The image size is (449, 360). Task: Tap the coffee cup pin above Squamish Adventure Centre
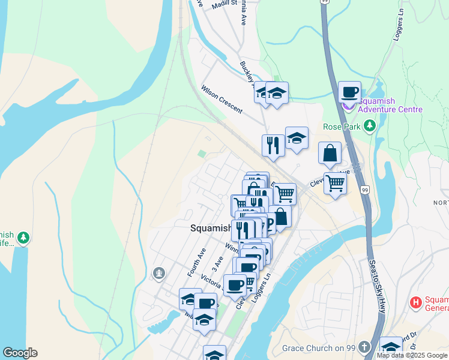coord(349,92)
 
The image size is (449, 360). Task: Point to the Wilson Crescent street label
coord(221,100)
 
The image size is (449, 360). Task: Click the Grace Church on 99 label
coord(319,347)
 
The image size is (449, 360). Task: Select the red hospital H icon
coord(415,302)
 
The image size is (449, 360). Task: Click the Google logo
coord(20,353)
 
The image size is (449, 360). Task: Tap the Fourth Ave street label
coord(196,262)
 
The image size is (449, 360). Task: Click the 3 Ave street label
coord(217,264)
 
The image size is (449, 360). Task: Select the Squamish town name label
coord(211,228)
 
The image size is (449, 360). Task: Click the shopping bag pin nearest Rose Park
coord(330,153)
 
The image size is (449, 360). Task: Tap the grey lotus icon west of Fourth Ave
coord(159,274)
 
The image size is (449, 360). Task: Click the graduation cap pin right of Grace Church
coord(391,347)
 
